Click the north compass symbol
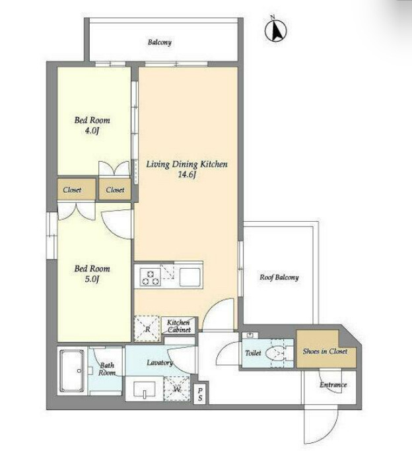(276, 30)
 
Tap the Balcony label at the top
(160, 42)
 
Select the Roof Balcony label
(279, 277)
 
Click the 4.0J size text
(92, 131)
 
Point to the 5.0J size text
(92, 279)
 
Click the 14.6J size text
(187, 174)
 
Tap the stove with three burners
(151, 277)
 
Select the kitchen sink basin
(189, 277)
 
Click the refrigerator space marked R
(147, 329)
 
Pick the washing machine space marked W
(177, 388)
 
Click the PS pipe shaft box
(200, 394)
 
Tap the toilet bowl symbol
(275, 353)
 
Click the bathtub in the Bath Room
(71, 370)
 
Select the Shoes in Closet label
(325, 351)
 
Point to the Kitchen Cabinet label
(179, 326)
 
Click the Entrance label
(333, 384)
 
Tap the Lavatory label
(160, 363)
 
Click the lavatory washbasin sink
(145, 390)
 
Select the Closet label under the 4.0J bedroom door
(115, 190)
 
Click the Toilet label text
(253, 353)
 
